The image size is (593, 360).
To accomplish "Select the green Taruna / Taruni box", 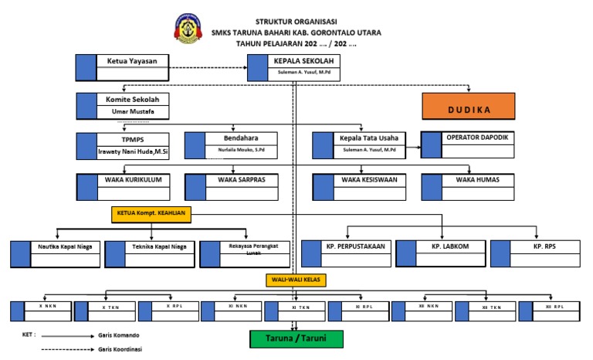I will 296,339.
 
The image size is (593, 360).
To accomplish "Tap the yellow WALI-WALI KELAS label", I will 296,279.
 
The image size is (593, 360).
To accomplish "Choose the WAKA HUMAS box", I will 467,186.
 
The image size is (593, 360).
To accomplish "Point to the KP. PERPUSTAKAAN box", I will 347,253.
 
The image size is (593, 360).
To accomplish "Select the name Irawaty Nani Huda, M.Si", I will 132,152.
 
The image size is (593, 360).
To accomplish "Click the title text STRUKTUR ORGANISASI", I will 296,21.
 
